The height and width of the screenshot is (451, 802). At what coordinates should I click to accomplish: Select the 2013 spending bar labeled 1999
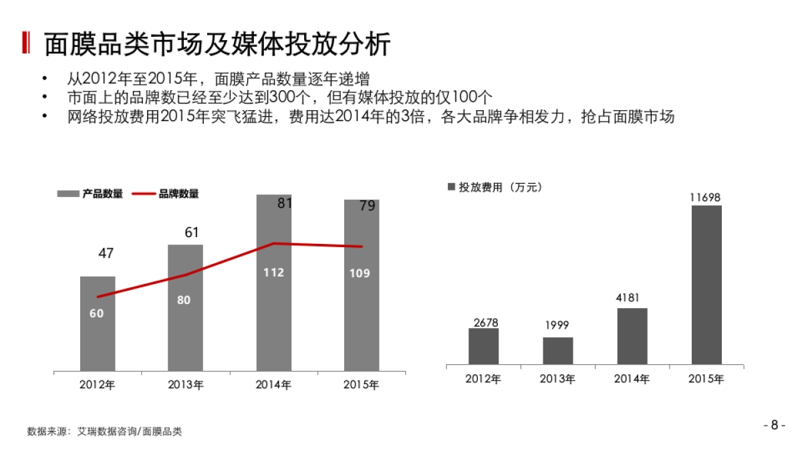click(x=557, y=351)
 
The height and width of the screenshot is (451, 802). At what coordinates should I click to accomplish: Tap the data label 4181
click(x=632, y=297)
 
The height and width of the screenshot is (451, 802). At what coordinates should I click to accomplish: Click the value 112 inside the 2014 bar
click(x=273, y=273)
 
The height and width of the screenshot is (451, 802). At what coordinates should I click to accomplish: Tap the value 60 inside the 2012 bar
click(x=97, y=313)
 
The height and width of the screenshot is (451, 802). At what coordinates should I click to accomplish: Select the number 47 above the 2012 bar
click(x=106, y=253)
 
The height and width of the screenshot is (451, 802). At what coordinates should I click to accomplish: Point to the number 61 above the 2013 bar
click(x=192, y=233)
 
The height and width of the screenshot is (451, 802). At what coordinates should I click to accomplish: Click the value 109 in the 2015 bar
click(x=360, y=273)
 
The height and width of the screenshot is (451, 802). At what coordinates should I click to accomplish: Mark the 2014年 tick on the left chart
click(x=273, y=385)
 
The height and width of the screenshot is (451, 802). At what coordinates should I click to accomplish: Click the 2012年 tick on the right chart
click(x=483, y=379)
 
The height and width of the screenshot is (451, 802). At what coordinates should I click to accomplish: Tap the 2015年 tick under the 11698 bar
click(x=706, y=379)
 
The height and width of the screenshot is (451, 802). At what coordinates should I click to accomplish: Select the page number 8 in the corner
click(x=774, y=425)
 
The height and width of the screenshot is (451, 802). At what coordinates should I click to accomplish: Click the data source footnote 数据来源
click(x=104, y=432)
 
